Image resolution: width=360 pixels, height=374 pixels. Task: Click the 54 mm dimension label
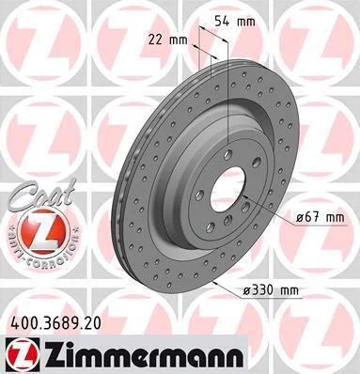click(x=235, y=22)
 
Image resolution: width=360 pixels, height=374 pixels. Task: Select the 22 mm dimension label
click(x=167, y=40)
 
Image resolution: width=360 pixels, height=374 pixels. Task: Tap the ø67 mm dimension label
click(x=321, y=217)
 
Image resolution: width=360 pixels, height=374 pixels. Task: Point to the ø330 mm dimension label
click(x=272, y=291)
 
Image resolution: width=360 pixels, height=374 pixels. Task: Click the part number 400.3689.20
click(x=56, y=323)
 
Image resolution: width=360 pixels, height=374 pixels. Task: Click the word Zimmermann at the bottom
click(x=145, y=353)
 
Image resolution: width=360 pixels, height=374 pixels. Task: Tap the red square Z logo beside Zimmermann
click(x=23, y=354)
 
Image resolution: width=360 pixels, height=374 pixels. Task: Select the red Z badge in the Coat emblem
click(x=43, y=230)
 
